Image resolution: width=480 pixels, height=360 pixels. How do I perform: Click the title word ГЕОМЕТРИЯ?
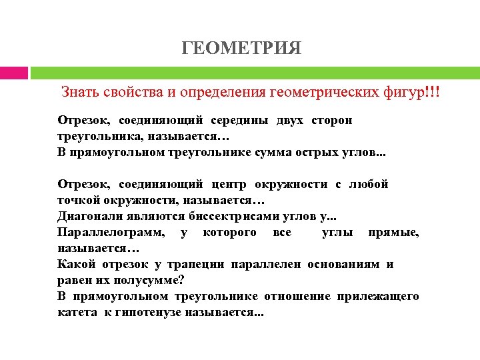(x=241, y=48)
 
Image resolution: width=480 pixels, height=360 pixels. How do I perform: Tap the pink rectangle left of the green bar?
(x=13, y=73)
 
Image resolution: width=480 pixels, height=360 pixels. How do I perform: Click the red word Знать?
(x=79, y=91)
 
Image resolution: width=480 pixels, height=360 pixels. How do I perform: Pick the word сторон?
(x=333, y=121)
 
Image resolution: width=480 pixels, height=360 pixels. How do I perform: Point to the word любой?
(x=369, y=184)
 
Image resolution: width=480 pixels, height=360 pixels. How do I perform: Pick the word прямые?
(x=396, y=232)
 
